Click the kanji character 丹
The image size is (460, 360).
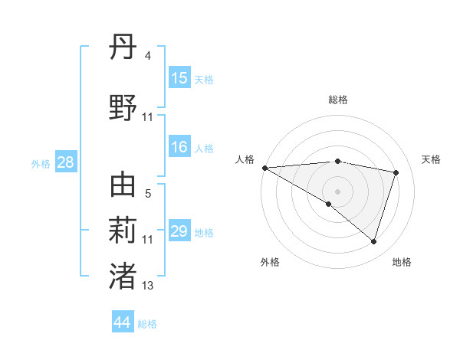coord(123,51)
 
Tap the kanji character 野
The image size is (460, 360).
coord(123,109)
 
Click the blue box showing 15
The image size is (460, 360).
coord(179,78)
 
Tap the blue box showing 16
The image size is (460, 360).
coord(179,147)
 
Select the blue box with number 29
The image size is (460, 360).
coord(179,231)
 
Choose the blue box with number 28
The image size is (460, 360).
coord(64,162)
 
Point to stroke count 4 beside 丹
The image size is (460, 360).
coord(147,56)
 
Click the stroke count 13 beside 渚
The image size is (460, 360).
coord(147,286)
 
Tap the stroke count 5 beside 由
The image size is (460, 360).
coord(147,193)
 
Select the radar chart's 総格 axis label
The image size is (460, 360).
coord(337,100)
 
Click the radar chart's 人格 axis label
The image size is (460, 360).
coord(245,159)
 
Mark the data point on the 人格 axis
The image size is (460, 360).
coord(264,168)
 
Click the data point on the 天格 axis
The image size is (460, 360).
coord(396,172)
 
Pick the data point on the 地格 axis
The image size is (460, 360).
coord(373,241)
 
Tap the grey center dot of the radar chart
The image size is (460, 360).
coord(337,191)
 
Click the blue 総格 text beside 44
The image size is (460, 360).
coord(147,324)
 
